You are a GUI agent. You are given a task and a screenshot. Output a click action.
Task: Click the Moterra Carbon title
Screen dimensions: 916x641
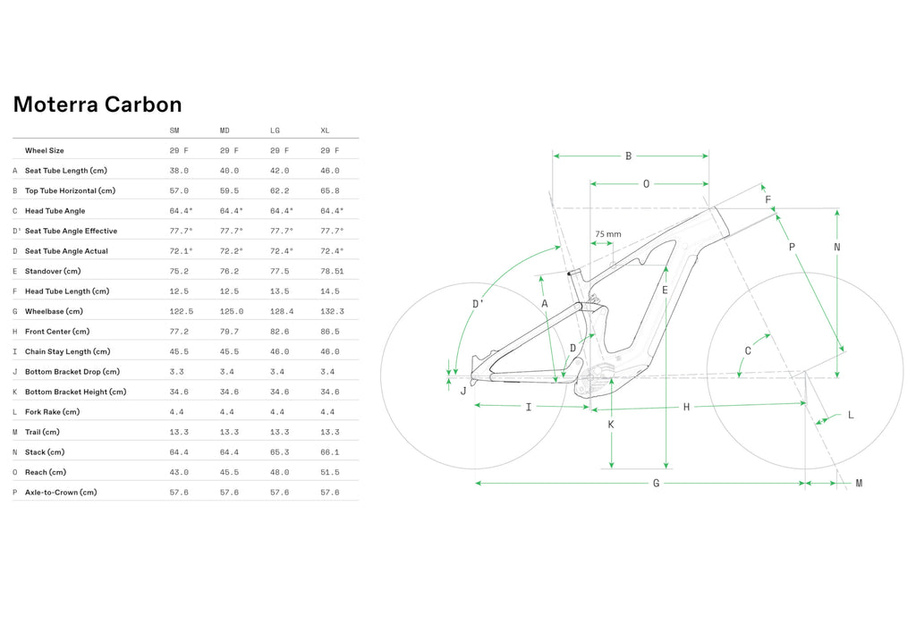pyautogui.click(x=98, y=105)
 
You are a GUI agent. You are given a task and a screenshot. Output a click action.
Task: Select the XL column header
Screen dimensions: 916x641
pyautogui.click(x=325, y=131)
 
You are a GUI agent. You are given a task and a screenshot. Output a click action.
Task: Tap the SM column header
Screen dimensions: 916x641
pyautogui.click(x=174, y=131)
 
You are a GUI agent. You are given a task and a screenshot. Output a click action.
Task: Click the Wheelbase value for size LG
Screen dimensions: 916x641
pyautogui.click(x=282, y=312)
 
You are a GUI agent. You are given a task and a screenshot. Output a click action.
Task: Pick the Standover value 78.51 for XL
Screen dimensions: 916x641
pyautogui.click(x=332, y=272)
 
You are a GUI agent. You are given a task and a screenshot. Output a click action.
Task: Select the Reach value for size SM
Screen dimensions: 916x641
pyautogui.click(x=179, y=472)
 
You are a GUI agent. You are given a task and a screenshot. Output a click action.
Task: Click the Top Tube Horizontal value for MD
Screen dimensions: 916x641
pyautogui.click(x=229, y=191)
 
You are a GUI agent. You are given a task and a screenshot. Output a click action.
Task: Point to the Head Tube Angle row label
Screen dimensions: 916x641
pyautogui.click(x=55, y=211)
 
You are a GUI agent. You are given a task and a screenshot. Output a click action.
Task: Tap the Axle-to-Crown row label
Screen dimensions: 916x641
pyautogui.click(x=61, y=493)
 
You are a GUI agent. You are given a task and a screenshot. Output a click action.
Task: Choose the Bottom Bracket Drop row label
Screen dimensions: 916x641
pyautogui.click(x=72, y=372)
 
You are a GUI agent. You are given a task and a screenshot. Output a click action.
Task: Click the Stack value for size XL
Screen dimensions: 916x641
pyautogui.click(x=329, y=452)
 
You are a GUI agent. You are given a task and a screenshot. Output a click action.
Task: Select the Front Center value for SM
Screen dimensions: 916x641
pyautogui.click(x=179, y=332)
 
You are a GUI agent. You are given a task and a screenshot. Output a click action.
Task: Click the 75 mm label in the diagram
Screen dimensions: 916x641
pyautogui.click(x=608, y=234)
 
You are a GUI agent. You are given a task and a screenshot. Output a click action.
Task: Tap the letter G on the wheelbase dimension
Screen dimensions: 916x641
pyautogui.click(x=656, y=484)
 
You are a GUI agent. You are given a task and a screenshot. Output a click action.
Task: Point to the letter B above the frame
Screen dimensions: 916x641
pyautogui.click(x=629, y=156)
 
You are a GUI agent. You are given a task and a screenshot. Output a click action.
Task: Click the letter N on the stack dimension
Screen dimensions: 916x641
pyautogui.click(x=837, y=247)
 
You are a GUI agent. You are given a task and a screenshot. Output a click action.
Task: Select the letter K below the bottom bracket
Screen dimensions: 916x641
pyautogui.click(x=611, y=425)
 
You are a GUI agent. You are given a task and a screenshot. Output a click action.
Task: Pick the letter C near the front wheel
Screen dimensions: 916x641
pyautogui.click(x=748, y=350)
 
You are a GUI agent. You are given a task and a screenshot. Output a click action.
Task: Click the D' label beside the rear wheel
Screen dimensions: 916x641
pyautogui.click(x=478, y=304)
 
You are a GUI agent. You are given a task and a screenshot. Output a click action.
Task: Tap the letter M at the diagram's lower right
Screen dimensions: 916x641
pyautogui.click(x=859, y=484)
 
